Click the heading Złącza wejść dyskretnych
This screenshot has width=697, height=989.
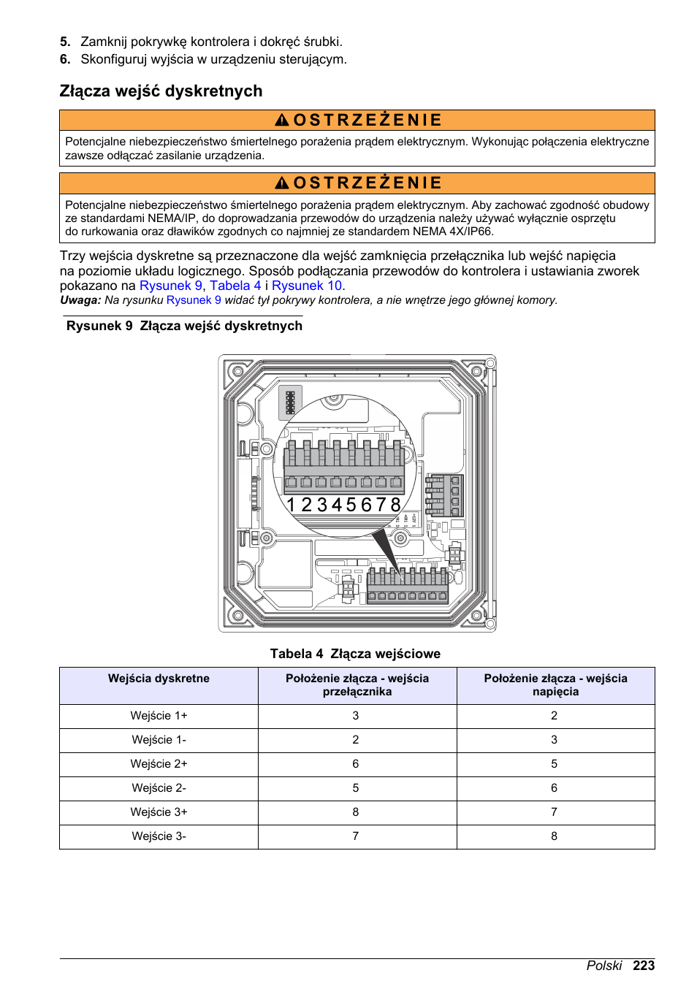click(161, 91)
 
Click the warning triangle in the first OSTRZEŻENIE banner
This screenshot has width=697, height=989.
click(282, 121)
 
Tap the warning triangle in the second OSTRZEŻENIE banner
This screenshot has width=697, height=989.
click(282, 183)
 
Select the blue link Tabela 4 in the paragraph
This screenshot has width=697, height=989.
click(235, 286)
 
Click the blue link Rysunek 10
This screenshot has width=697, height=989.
click(306, 286)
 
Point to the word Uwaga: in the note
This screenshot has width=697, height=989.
click(80, 300)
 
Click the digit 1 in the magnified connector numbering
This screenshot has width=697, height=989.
click(291, 505)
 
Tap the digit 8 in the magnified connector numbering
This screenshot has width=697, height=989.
click(395, 505)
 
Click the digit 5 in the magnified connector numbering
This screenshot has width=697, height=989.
click(351, 505)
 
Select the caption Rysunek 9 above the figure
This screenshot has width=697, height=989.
click(99, 326)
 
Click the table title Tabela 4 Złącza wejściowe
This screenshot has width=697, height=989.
click(355, 654)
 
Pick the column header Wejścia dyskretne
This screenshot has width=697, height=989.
click(159, 679)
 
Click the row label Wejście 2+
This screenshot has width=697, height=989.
click(159, 764)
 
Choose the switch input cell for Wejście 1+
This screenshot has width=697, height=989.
click(356, 716)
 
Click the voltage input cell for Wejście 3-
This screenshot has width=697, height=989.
click(554, 836)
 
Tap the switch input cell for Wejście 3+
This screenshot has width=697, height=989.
click(356, 812)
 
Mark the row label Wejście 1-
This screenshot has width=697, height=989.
click(159, 740)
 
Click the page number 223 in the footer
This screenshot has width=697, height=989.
click(644, 966)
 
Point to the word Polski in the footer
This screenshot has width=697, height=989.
click(604, 966)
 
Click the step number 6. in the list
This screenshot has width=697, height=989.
click(65, 59)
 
